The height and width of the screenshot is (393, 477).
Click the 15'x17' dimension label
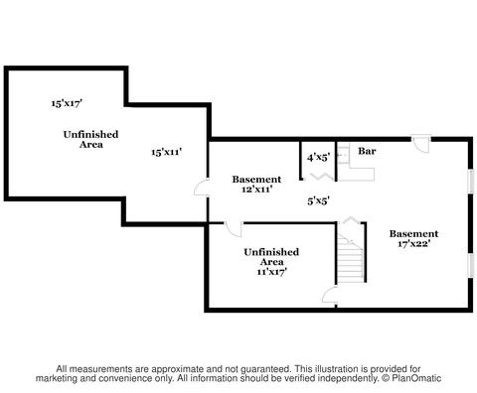(x=67, y=103)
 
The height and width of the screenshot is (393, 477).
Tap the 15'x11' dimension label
(x=167, y=152)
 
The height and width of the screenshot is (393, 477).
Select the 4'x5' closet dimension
(x=318, y=158)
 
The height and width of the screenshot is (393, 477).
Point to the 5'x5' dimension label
(x=318, y=200)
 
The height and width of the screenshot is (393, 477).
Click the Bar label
(x=367, y=151)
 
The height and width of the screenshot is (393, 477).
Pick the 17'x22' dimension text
(x=413, y=244)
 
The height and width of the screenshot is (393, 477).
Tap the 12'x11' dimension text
(x=256, y=190)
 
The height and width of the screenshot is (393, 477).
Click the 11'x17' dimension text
(x=271, y=272)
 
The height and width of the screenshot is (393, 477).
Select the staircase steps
(x=350, y=258)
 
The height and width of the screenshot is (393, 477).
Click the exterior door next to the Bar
(x=421, y=144)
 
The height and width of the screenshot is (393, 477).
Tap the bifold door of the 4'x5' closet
(x=319, y=177)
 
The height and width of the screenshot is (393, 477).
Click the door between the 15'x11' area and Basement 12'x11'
(x=201, y=188)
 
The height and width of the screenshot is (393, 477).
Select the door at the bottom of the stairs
(x=330, y=295)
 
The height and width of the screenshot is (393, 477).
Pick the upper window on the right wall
(x=470, y=181)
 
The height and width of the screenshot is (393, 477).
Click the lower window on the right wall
(x=470, y=266)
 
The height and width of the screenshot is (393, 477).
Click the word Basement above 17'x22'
(x=413, y=234)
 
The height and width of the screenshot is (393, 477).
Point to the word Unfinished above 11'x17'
(x=271, y=252)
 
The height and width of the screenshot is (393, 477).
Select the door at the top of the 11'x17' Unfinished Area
(x=234, y=229)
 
